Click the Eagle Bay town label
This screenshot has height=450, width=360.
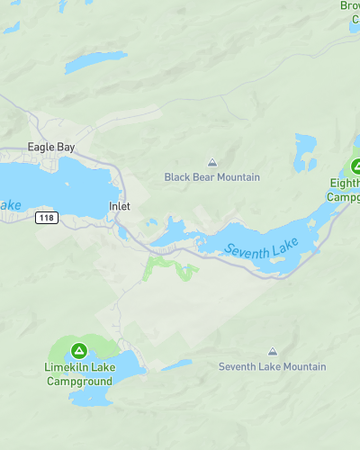[51, 147]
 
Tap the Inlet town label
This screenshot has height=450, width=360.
[119, 207]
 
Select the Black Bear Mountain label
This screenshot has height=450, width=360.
[212, 177]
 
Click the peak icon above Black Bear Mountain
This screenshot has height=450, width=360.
[212, 162]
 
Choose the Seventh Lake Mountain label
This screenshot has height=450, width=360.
[272, 367]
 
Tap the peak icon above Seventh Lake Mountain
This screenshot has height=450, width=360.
[272, 352]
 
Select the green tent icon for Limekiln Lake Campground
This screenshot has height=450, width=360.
[80, 350]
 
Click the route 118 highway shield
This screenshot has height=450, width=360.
[45, 218]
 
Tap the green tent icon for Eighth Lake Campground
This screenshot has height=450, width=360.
[356, 166]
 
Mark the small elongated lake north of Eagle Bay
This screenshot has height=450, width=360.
[95, 63]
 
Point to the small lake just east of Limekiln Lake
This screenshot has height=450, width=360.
[176, 365]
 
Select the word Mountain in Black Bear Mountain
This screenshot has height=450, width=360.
[237, 177]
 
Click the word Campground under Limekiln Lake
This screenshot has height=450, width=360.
[80, 381]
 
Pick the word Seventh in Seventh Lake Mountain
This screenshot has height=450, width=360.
[239, 367]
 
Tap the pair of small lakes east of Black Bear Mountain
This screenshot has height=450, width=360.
[305, 152]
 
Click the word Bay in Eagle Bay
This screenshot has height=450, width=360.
[65, 147]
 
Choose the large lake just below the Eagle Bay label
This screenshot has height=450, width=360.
[60, 185]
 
